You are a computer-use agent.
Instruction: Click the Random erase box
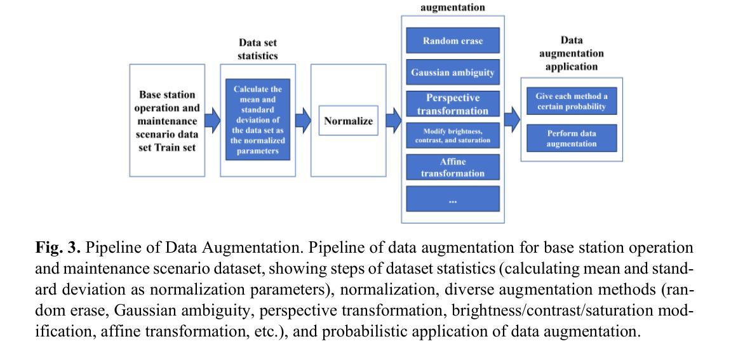point(453,40)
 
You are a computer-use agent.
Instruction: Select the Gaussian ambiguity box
point(453,72)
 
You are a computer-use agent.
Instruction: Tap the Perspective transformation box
point(453,104)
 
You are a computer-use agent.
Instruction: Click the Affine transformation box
point(453,168)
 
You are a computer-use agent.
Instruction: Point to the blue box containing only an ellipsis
point(453,199)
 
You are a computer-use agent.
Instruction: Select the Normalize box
point(348,121)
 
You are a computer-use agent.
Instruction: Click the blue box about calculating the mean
point(258,119)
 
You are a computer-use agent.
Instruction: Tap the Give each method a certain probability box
point(572,101)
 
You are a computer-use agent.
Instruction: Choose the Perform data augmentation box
point(572,138)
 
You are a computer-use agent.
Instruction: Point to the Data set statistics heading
point(258,49)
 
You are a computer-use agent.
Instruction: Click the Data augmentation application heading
point(572,53)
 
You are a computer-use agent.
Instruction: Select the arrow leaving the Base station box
point(213,120)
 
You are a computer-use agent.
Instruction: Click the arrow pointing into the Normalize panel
point(303,120)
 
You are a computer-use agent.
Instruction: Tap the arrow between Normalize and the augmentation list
point(394,120)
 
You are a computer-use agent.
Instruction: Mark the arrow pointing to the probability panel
point(513,119)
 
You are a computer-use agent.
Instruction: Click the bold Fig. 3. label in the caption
point(58,248)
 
